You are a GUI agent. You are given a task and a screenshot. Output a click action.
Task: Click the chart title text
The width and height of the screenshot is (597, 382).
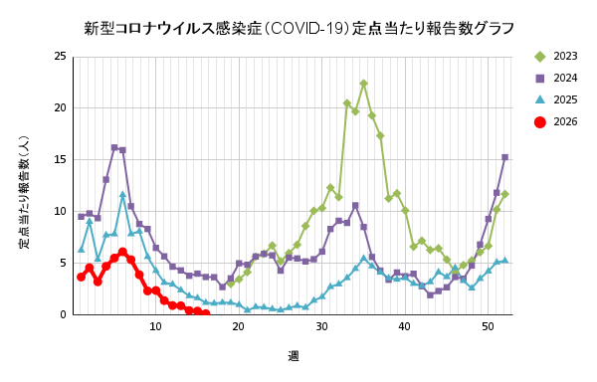pos(298,29)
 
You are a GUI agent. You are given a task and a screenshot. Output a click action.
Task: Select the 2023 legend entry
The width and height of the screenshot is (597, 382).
pos(556,57)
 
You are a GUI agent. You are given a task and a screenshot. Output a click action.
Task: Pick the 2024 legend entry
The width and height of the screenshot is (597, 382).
pos(556,78)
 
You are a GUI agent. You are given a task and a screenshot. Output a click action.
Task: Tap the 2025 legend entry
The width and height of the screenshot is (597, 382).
pos(556,99)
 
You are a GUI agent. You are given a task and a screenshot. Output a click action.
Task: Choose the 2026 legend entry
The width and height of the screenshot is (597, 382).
pos(556,121)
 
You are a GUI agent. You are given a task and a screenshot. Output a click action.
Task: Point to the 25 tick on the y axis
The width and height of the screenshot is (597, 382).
pos(60,57)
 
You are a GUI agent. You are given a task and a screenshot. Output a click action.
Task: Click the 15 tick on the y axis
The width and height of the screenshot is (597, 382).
pos(60,159)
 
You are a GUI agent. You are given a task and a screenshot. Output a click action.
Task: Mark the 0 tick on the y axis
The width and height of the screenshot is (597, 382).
pos(63,314)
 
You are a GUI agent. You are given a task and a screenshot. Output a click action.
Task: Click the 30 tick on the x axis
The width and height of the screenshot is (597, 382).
pos(321,326)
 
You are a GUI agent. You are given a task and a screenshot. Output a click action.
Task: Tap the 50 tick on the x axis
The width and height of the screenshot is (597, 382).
pos(488,326)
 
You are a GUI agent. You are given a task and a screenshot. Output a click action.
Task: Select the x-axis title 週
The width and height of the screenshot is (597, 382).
pos(294,356)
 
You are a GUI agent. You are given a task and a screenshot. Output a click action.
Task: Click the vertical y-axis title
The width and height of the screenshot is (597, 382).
pos(24,192)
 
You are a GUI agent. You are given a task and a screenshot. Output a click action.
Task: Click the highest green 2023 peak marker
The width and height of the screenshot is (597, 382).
pos(363,84)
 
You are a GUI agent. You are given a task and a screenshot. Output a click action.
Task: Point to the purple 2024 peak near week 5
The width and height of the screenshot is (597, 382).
pos(114,147)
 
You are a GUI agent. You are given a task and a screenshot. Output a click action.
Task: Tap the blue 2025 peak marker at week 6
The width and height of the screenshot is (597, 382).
pos(122,194)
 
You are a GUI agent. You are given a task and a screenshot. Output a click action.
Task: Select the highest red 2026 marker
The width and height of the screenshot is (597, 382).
pos(122,252)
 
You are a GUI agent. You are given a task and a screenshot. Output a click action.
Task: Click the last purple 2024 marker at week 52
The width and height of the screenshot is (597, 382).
pos(504,157)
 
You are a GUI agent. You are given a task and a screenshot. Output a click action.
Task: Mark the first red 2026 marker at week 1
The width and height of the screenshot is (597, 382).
pos(82,277)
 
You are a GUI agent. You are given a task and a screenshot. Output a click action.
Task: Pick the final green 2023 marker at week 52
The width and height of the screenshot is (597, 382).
pos(504,194)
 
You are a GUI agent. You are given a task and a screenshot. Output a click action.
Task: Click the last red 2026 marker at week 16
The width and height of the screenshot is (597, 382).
pos(206,314)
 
